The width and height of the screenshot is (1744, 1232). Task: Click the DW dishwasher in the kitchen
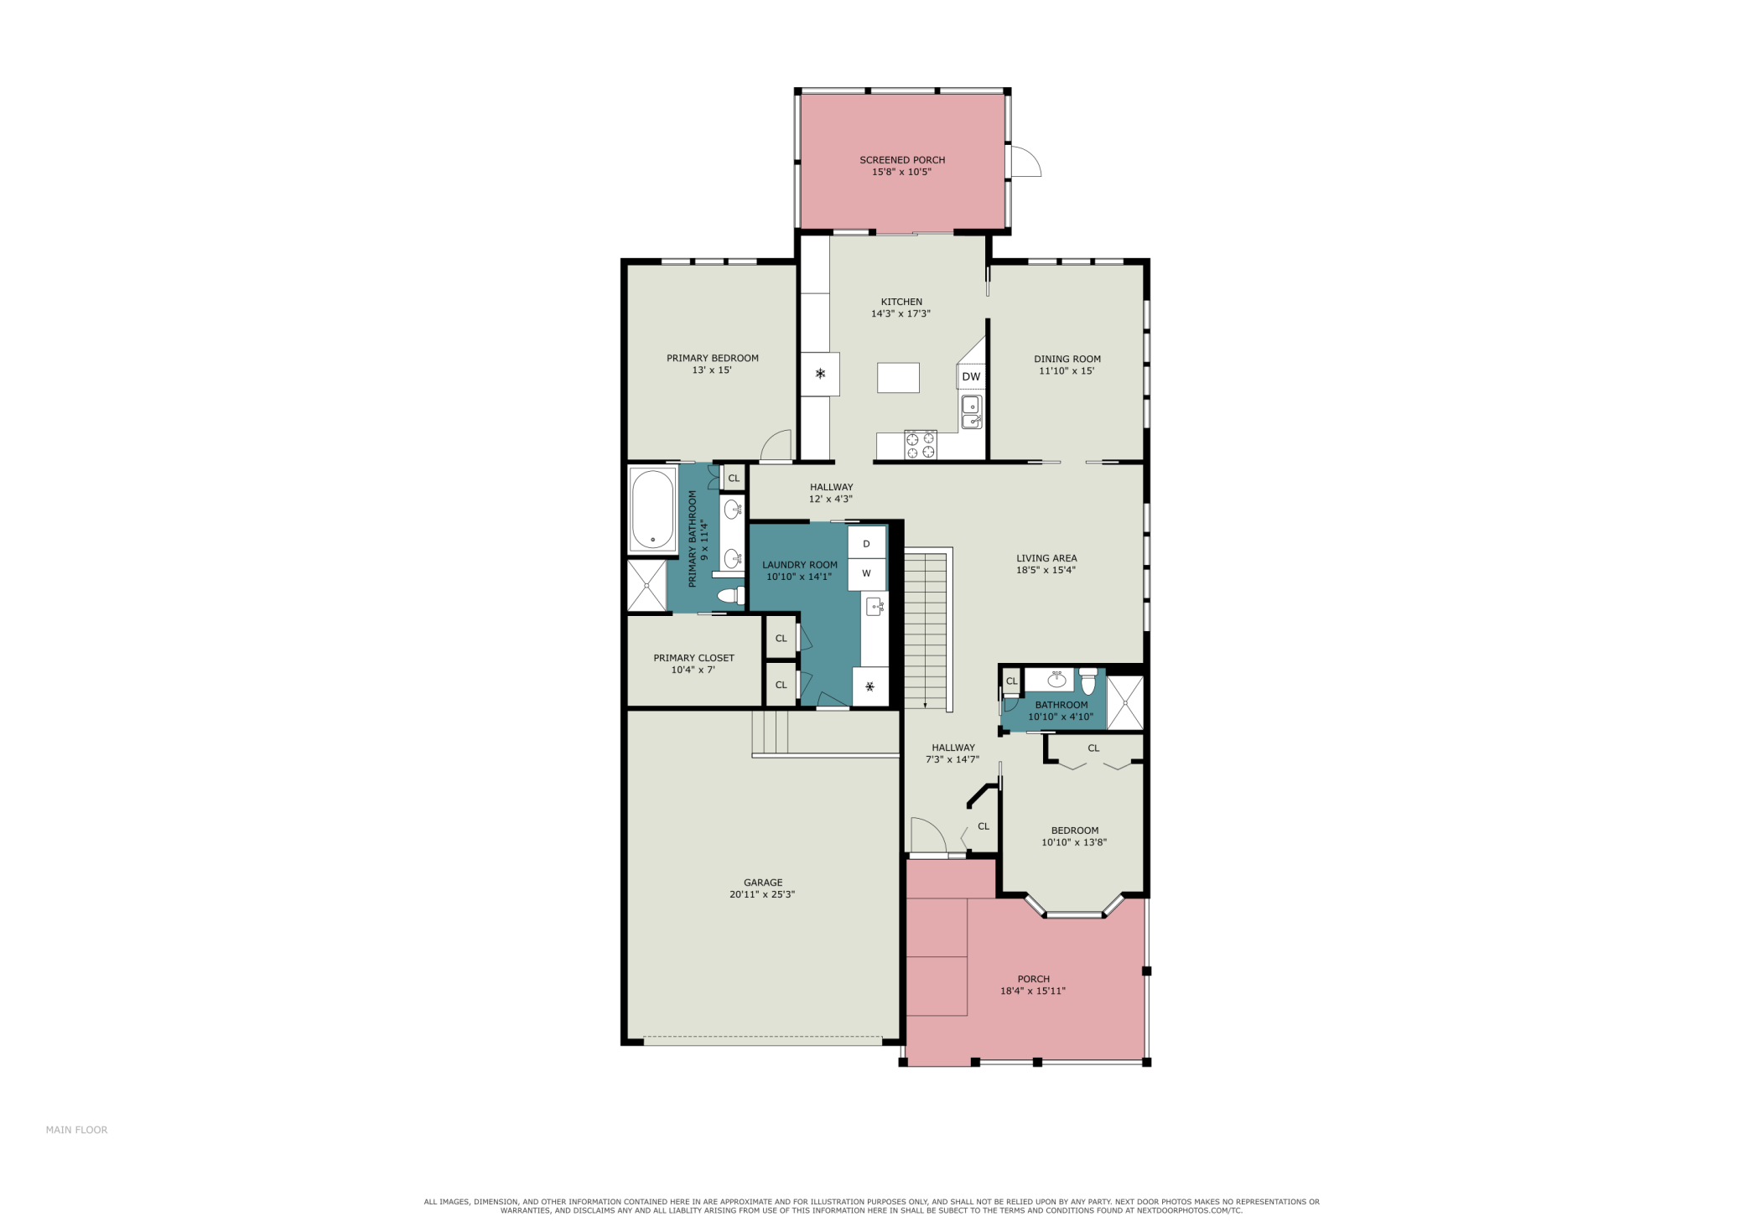[x=971, y=376]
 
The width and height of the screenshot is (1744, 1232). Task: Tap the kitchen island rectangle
[x=898, y=377]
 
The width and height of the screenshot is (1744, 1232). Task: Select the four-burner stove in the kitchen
[x=921, y=444]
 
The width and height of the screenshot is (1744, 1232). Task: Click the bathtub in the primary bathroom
[x=652, y=510]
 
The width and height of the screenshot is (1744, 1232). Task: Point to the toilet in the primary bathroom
[x=732, y=596]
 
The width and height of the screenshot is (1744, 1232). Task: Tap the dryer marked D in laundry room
[x=866, y=543]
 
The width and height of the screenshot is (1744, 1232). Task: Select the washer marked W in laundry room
[x=866, y=574]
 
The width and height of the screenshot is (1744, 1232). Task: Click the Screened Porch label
[x=902, y=160]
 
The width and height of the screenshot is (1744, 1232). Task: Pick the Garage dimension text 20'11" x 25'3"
[x=762, y=894]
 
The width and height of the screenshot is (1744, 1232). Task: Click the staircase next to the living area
[x=926, y=630]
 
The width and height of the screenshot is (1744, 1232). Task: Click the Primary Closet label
[x=693, y=658]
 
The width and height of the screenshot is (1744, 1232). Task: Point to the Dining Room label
[x=1067, y=359]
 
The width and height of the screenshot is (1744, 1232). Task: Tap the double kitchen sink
[x=971, y=412]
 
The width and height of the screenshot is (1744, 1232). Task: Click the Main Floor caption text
[x=76, y=1130]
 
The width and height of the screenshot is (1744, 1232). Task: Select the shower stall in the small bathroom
[x=1124, y=701]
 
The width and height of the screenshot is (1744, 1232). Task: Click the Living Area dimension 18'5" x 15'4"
[x=1046, y=570]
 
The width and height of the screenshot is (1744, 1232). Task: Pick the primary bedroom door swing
[x=776, y=445]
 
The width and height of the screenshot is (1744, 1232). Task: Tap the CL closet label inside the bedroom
[x=1093, y=748]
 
